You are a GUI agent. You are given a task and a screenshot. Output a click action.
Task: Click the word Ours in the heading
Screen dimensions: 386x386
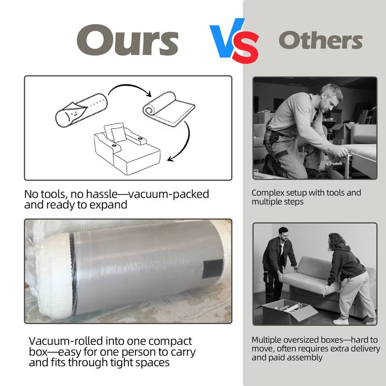[x=127, y=40]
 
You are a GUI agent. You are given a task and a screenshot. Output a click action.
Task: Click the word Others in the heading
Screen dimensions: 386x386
[x=320, y=40]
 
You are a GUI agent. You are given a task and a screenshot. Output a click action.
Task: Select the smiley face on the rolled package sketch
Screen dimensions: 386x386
[x=73, y=114]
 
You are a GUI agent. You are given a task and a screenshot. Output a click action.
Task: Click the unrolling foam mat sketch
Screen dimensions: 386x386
[x=169, y=109]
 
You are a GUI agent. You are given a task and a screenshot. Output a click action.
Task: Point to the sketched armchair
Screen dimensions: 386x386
[x=127, y=149]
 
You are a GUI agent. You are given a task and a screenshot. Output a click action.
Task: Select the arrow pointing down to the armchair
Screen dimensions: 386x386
[x=185, y=143]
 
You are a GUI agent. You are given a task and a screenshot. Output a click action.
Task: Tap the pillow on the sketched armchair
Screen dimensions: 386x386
[x=119, y=134]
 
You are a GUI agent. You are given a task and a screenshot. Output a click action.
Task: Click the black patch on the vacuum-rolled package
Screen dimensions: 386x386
[x=212, y=269]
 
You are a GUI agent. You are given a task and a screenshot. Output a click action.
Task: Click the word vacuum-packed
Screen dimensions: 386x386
[x=168, y=194]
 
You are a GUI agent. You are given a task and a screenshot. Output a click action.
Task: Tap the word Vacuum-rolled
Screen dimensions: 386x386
[x=66, y=341]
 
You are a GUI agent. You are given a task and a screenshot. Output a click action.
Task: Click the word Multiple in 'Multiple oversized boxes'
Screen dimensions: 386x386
[x=266, y=340]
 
